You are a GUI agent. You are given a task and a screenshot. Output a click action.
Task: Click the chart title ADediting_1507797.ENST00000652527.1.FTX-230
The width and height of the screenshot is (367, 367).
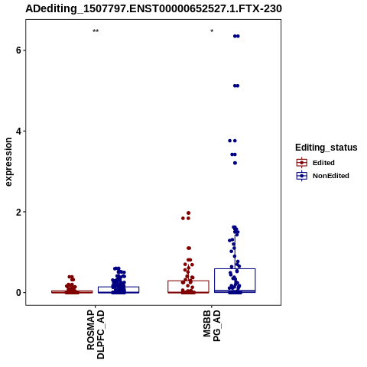[154, 8]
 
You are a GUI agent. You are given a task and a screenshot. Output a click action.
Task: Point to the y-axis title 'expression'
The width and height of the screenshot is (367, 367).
[8, 162]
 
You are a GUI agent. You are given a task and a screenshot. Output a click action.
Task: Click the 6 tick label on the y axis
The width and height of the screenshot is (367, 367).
[18, 50]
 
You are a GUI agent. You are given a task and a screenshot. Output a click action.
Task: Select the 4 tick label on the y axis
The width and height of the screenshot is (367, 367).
[18, 132]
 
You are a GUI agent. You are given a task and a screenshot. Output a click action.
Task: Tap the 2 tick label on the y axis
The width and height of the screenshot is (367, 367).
[18, 212]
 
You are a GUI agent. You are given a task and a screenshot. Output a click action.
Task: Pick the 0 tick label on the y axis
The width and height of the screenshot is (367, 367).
[18, 293]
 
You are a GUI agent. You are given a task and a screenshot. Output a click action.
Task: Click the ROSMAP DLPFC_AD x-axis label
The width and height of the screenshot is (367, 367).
[96, 334]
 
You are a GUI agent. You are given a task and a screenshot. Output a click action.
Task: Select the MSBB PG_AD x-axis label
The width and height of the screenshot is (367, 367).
[212, 326]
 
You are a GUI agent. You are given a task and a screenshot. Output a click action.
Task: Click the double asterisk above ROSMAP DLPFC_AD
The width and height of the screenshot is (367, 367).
[96, 31]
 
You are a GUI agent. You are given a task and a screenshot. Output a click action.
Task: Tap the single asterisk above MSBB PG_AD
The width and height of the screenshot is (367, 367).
[212, 31]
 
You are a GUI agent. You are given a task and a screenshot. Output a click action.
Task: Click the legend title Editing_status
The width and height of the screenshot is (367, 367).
[326, 148]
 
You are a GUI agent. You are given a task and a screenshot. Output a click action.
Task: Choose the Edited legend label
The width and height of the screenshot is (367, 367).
[323, 163]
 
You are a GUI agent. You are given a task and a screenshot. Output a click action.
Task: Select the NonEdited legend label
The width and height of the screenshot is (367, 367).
[331, 176]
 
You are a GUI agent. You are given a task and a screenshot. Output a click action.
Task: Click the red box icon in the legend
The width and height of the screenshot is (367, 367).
[302, 163]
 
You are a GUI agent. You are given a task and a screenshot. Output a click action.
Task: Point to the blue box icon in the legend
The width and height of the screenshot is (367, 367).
[302, 176]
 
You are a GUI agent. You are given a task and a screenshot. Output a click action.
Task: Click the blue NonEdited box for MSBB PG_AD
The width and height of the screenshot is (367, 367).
[235, 269]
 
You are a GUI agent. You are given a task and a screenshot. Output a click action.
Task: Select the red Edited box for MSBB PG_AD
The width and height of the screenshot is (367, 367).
[188, 281]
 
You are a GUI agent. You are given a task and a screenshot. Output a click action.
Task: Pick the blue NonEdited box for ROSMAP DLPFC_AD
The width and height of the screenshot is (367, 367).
[119, 287]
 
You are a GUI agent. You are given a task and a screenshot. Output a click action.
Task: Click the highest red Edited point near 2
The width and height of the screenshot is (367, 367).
[189, 213]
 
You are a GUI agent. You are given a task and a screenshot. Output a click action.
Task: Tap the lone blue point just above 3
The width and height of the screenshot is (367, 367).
[235, 163]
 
